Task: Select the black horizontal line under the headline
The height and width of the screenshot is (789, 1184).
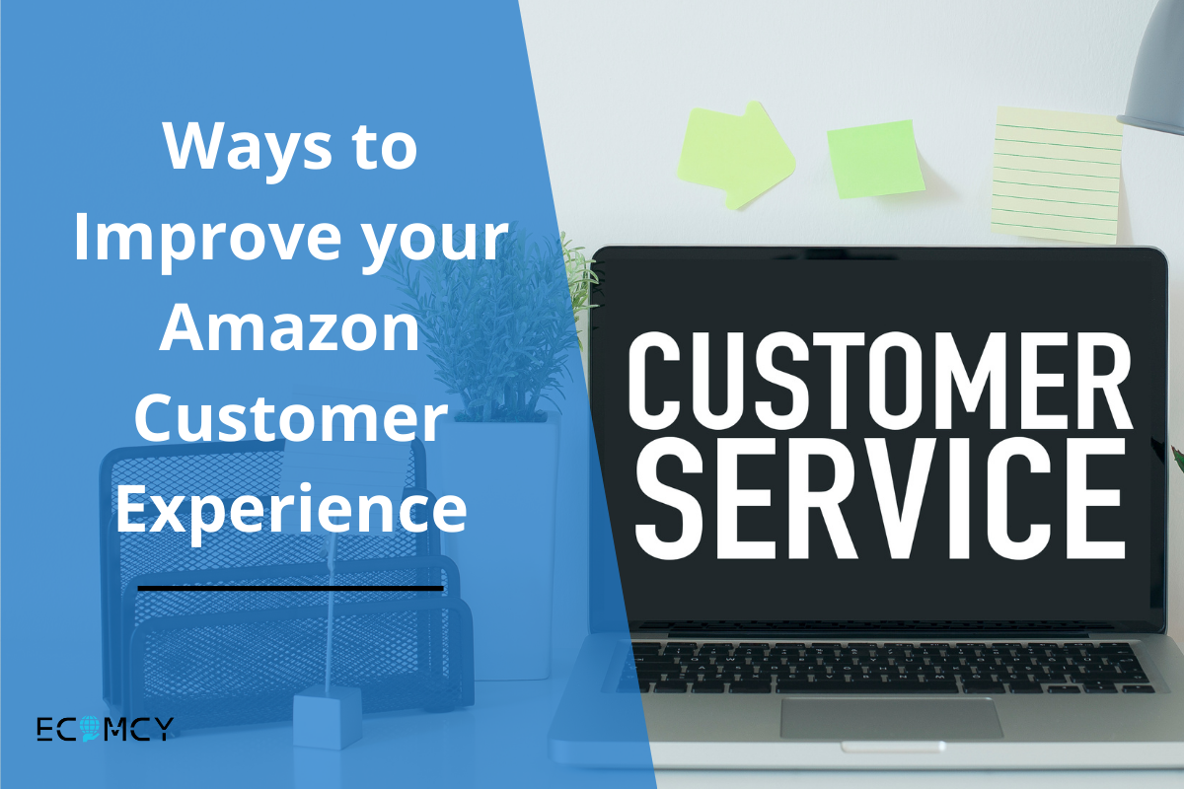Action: tap(290, 588)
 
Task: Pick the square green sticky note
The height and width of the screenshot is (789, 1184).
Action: tap(875, 158)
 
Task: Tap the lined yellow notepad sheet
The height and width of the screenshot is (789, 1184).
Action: tap(1057, 174)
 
